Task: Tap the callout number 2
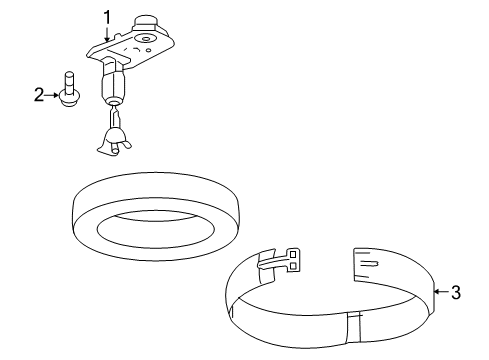pos(39,95)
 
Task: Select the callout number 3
pos(455,292)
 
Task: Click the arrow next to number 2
pos(54,95)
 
